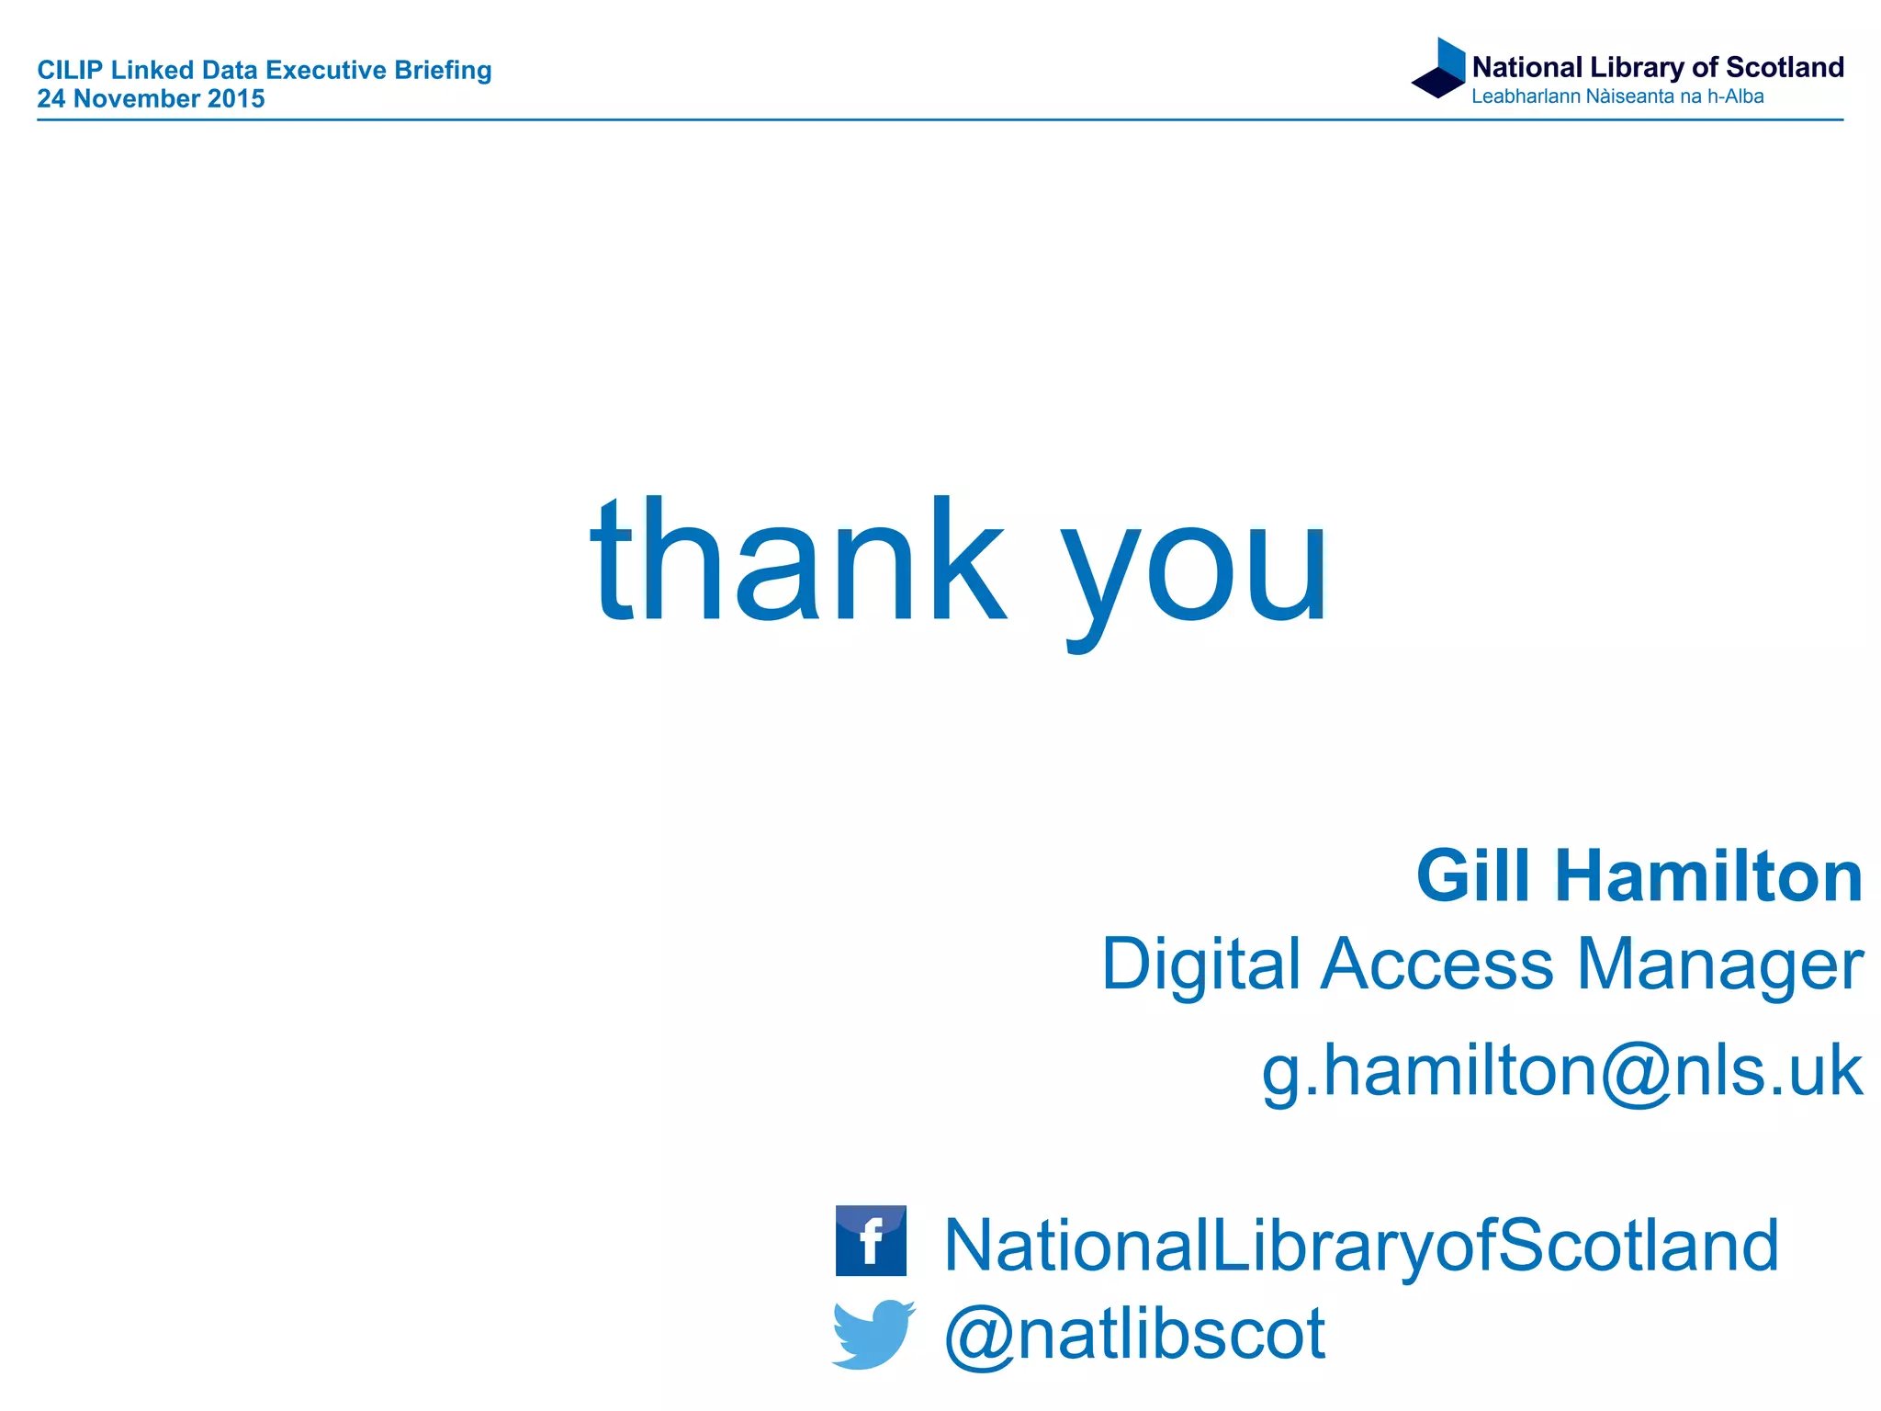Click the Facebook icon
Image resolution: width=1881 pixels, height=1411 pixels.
(871, 1240)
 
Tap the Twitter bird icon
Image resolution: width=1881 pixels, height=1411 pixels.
(873, 1333)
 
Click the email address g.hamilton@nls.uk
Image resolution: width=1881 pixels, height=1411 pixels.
(1561, 1072)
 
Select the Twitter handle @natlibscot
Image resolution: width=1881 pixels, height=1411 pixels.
(1135, 1334)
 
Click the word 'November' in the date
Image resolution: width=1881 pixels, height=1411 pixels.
(137, 98)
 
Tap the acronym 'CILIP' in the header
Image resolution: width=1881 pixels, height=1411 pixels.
(69, 70)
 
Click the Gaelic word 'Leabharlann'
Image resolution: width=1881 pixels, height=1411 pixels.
(1526, 96)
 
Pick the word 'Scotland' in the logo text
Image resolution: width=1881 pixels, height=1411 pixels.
(1785, 67)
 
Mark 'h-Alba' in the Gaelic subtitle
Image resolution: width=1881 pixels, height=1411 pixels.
(1735, 96)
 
